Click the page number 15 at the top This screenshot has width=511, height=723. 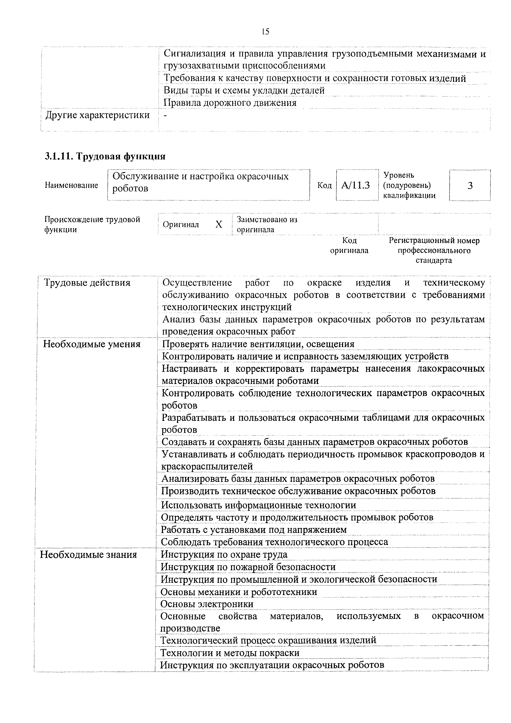tap(265, 32)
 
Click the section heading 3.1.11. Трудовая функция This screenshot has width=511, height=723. tap(105, 156)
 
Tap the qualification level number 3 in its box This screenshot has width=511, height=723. tap(470, 186)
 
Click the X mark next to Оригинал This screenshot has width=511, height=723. tap(219, 224)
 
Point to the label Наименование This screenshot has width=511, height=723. tap(71, 185)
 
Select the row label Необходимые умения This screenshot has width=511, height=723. tap(92, 344)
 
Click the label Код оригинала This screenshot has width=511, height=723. tap(349, 246)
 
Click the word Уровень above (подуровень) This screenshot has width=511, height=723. tap(398, 175)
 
